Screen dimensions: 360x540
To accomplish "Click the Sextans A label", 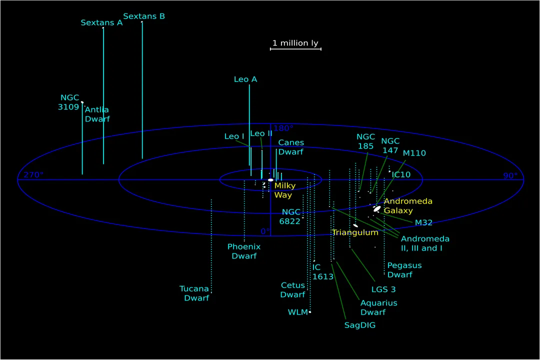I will (x=101, y=22).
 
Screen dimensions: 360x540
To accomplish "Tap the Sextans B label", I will (x=144, y=16).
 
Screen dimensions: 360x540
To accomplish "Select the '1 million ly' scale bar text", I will (x=295, y=43).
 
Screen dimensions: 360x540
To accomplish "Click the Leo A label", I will (x=245, y=79).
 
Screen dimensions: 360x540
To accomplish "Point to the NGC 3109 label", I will (x=69, y=102).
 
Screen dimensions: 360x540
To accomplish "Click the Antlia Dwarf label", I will (x=97, y=114).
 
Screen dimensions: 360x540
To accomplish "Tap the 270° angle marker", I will (x=33, y=175).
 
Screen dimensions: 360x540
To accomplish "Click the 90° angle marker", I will (x=510, y=175).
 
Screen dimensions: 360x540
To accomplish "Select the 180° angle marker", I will (x=283, y=128).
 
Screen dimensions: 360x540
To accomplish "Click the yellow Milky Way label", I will (x=285, y=190).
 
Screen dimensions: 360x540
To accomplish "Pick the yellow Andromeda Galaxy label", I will (x=407, y=205).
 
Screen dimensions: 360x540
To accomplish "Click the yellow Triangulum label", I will (x=355, y=232).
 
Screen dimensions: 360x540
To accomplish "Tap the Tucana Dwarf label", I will (x=194, y=293).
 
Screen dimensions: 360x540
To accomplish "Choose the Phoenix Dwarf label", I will (x=244, y=251).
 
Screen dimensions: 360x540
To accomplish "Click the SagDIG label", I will (x=359, y=325).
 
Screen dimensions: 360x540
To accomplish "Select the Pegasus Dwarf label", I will (x=404, y=270).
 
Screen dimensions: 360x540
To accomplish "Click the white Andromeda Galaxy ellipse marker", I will (x=377, y=208).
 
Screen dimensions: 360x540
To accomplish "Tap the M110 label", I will (x=414, y=153).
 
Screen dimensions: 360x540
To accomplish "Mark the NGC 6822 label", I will (x=291, y=216).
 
